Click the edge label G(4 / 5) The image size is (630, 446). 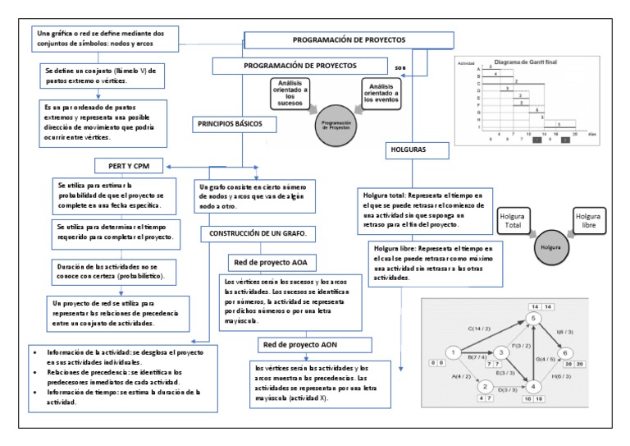[546, 359]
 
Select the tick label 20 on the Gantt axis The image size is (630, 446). [574, 131]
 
